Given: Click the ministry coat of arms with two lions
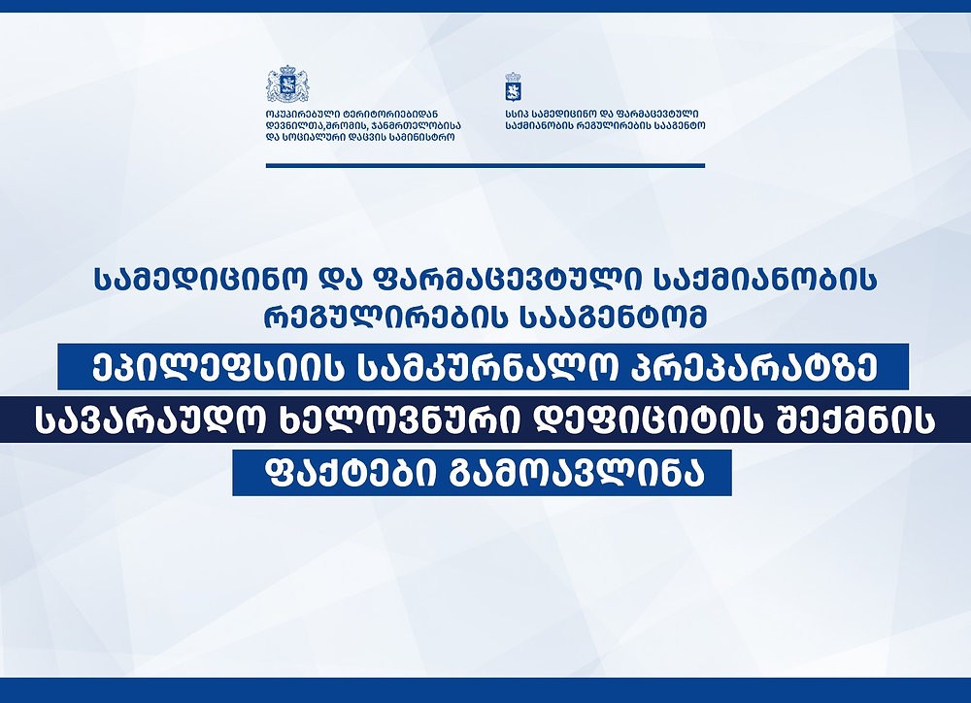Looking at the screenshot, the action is pos(287,84).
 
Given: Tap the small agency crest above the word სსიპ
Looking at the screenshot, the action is pos(513,86).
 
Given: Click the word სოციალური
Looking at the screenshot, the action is pos(314,137).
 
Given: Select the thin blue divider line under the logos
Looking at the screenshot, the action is pos(485,165).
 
